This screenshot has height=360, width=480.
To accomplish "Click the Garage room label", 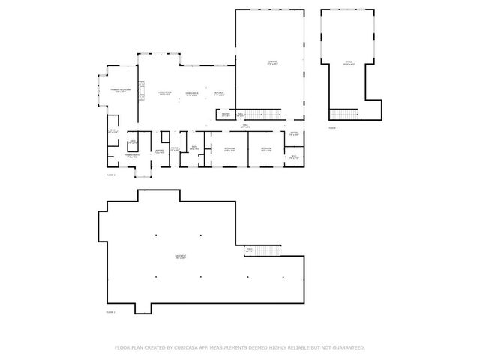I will tap(273, 62).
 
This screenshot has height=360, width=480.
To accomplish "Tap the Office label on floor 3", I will tap(348, 62).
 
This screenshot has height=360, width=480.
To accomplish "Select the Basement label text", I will tap(181, 257).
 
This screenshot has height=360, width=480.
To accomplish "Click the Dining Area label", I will tap(192, 93).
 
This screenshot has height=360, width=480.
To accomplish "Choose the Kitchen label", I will tap(219, 94).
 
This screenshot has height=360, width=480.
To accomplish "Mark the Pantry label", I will tap(225, 115).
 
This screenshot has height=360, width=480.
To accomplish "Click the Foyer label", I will tap(174, 149).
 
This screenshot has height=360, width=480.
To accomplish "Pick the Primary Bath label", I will tap(131, 157).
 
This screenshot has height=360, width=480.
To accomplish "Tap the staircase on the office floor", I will tap(344, 114).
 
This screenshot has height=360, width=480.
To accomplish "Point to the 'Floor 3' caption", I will tap(333, 128).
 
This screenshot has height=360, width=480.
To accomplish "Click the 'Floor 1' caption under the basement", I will tap(110, 311).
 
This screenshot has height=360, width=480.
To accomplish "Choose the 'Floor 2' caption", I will tap(110, 174).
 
